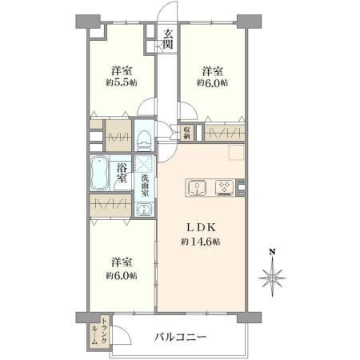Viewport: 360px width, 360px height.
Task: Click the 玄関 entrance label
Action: [168, 39]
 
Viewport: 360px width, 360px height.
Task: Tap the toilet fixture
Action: [144, 138]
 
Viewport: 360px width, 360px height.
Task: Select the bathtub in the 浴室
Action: [99, 173]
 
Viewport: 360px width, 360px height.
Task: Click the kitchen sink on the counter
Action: [197, 187]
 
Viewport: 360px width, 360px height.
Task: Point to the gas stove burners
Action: [225, 186]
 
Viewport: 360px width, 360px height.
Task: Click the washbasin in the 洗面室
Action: [144, 209]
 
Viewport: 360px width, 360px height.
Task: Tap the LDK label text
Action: [201, 227]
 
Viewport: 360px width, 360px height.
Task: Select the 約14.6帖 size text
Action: [201, 242]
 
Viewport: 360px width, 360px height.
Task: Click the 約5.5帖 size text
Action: [122, 83]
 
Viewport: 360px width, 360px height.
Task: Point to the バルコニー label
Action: [181, 337]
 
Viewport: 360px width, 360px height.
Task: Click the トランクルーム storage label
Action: [98, 331]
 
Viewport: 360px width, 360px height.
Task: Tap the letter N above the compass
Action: [272, 252]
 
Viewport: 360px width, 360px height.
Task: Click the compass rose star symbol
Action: [272, 278]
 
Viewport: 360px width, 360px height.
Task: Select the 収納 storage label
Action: [186, 133]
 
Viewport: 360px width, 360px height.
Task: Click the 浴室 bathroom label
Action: [122, 173]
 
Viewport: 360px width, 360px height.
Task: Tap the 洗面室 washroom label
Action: [145, 186]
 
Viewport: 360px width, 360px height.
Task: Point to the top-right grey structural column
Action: [249, 22]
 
